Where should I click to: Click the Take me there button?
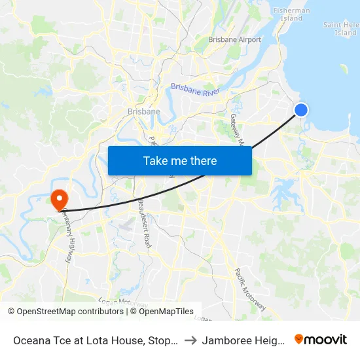point(179,160)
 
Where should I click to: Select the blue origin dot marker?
point(301,110)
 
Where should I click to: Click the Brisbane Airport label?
point(234,40)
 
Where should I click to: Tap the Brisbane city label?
point(144,111)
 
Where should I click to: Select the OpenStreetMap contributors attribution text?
point(69,312)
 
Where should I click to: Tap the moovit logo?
point(321,340)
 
